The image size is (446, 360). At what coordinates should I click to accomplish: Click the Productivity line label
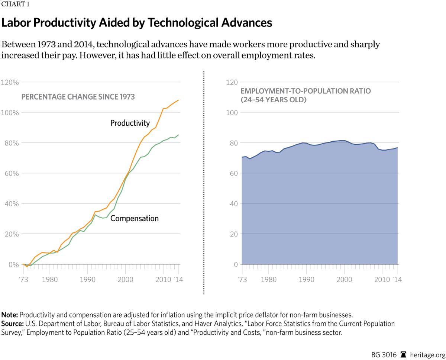(130, 123)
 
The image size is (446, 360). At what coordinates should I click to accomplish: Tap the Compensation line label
(134, 218)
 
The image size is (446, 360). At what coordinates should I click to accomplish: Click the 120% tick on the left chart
(10, 82)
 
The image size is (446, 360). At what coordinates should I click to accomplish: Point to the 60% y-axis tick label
(11, 173)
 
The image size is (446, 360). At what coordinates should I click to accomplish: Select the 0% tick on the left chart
(13, 264)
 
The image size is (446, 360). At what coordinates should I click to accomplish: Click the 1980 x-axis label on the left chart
(50, 279)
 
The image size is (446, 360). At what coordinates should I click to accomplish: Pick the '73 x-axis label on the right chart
(242, 279)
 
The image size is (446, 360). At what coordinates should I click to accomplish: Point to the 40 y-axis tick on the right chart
(233, 204)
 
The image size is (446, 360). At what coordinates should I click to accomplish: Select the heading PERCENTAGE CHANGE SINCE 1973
(78, 97)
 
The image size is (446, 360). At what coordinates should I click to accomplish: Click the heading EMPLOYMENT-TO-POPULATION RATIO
(306, 91)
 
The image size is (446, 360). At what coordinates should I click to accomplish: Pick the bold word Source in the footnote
(12, 324)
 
